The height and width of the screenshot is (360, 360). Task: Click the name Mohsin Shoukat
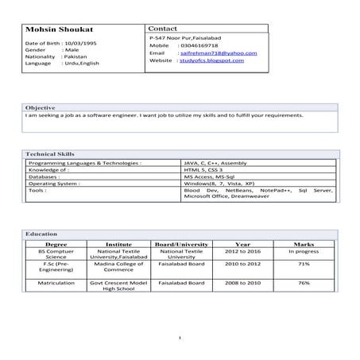tap(55, 29)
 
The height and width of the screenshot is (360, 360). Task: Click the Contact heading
tap(166, 27)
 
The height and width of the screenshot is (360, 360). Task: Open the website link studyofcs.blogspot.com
tap(212, 60)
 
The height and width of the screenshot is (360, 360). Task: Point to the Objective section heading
tap(41, 106)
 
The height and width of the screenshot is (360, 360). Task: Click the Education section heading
tap(41, 234)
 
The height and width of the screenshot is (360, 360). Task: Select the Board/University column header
tap(182, 244)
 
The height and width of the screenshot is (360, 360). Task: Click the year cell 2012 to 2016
tap(243, 251)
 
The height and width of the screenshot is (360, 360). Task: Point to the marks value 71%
tap(304, 264)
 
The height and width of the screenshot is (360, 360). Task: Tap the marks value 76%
tap(304, 283)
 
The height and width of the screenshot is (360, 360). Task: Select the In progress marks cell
tap(304, 251)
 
